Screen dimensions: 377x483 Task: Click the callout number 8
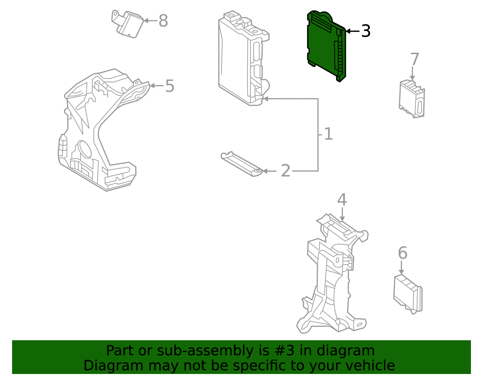tap(163, 21)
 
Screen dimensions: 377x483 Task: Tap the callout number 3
tap(366, 31)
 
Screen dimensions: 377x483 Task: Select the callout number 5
tap(170, 86)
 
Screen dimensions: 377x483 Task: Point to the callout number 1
tap(328, 134)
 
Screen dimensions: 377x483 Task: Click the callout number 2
tap(286, 171)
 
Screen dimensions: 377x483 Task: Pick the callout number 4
tap(342, 200)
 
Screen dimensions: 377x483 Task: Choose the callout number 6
tap(402, 253)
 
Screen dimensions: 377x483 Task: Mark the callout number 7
tap(415, 59)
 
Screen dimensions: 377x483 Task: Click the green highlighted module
tap(325, 45)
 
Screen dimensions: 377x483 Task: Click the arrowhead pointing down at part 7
tap(412, 78)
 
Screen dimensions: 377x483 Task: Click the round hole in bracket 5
tap(85, 149)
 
